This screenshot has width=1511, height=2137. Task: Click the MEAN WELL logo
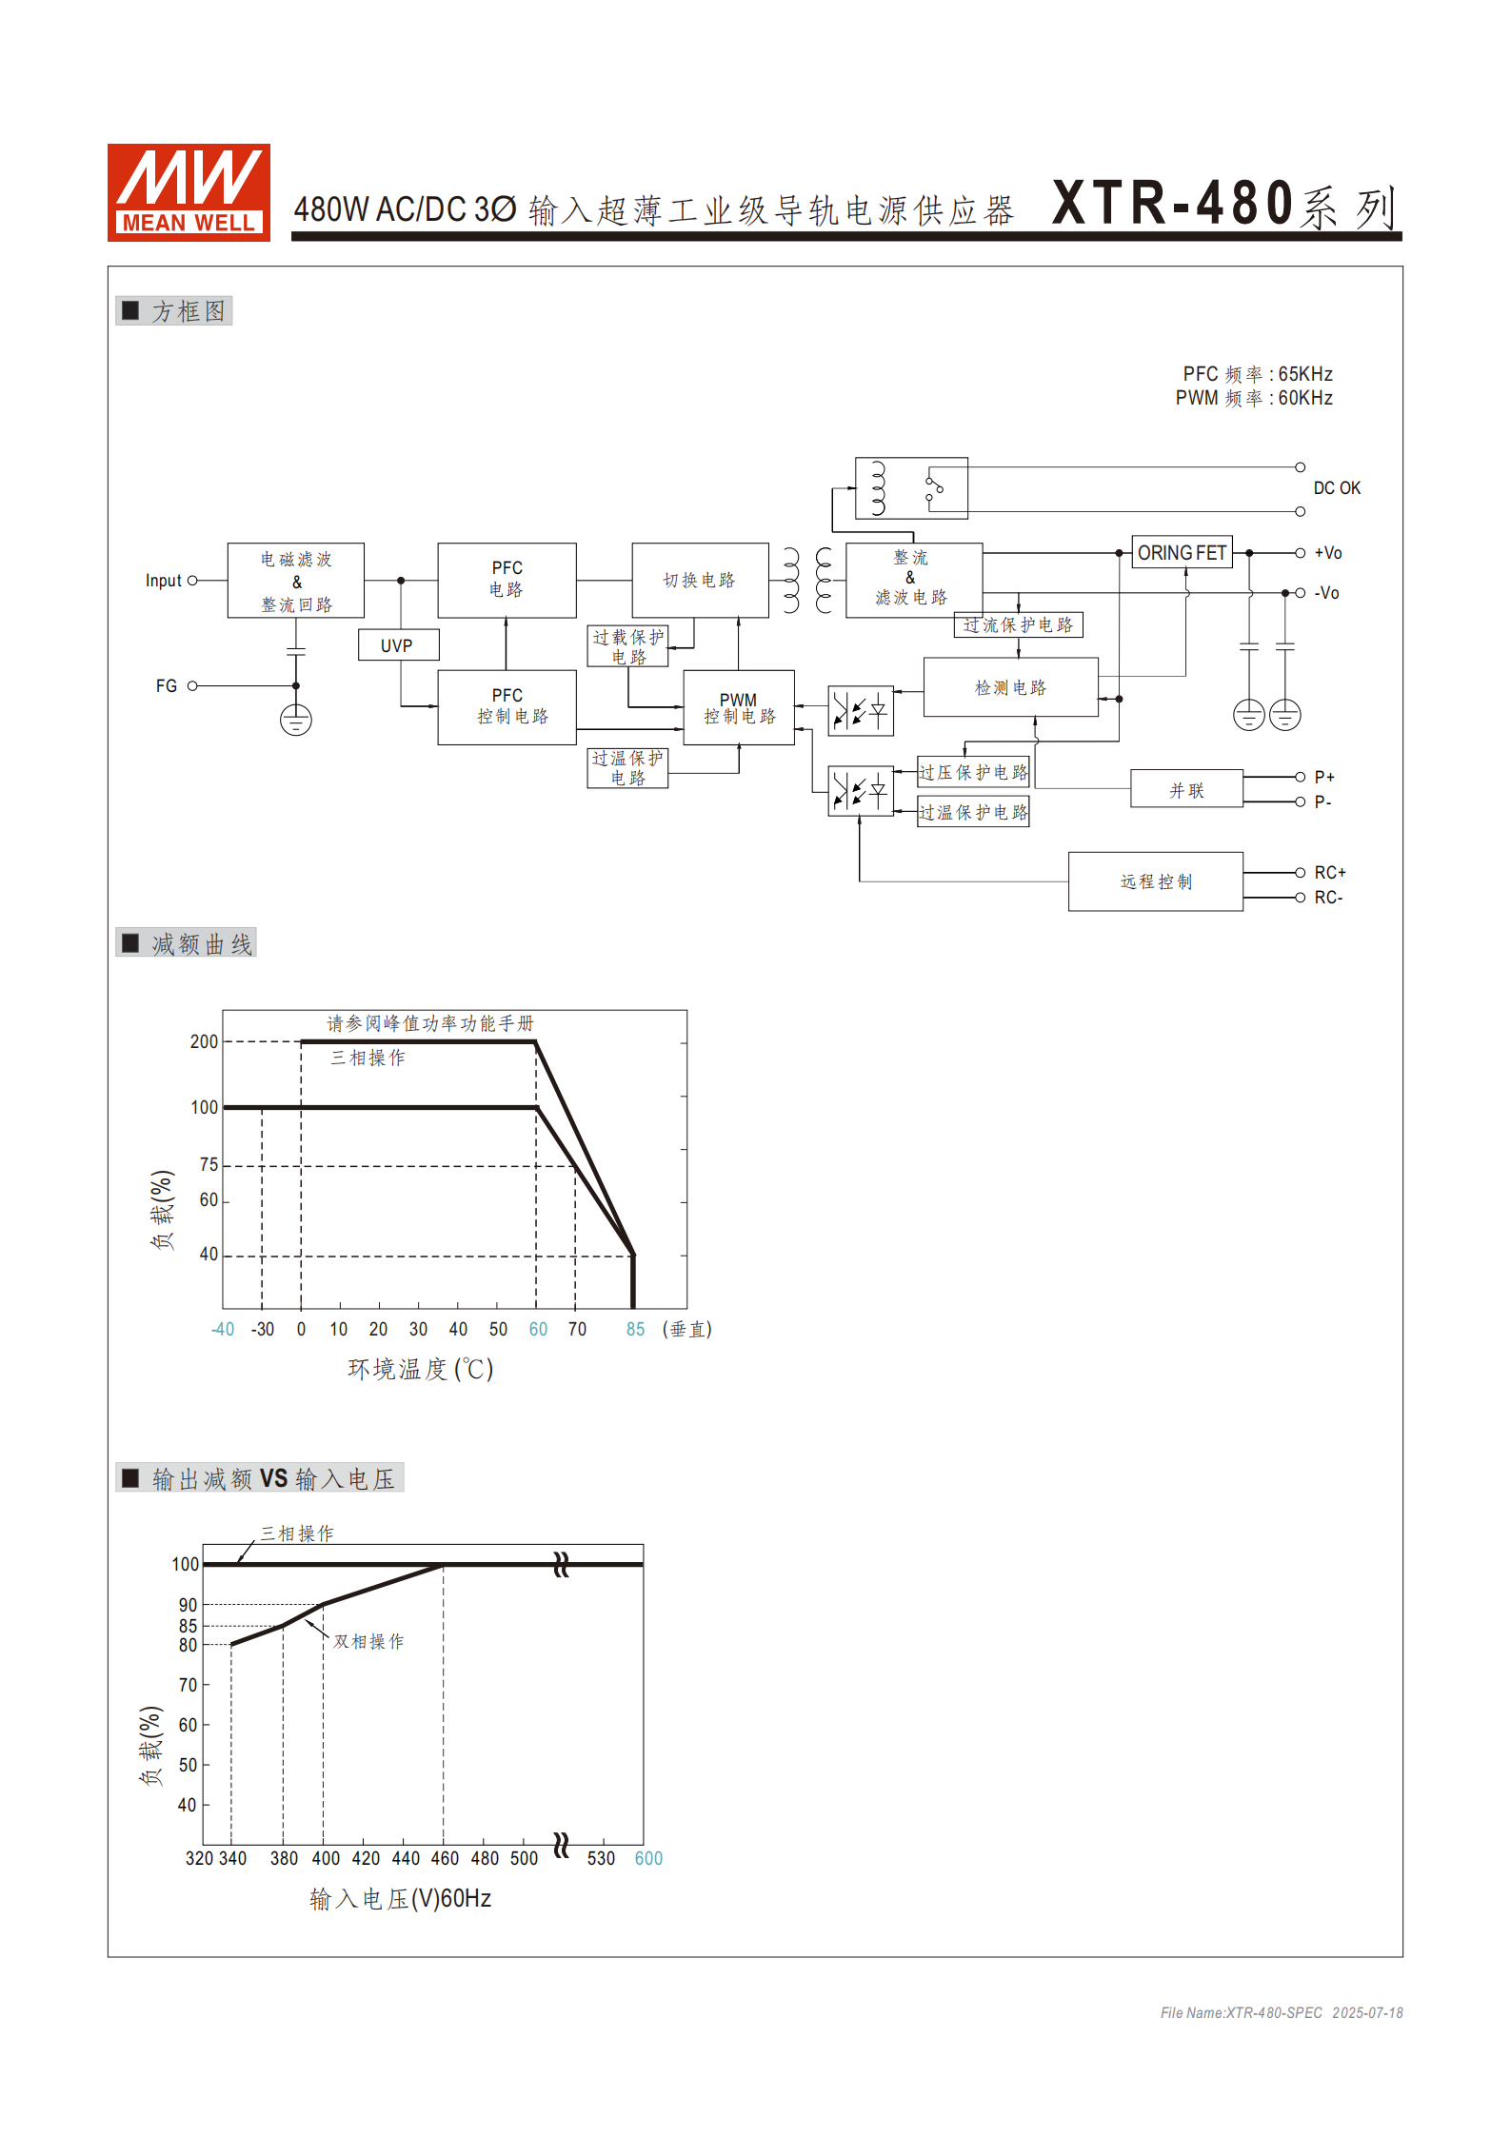coord(189,192)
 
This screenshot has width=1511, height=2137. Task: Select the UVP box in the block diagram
coord(398,645)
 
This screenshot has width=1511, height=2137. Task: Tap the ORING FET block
coord(1182,553)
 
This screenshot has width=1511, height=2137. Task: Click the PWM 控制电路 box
coord(739,708)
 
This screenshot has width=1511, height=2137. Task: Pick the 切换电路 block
coord(700,581)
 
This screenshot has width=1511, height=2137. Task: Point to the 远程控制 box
coord(1155,882)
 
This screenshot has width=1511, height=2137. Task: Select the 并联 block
coord(1186,790)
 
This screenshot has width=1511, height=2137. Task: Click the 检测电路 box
coord(1010,687)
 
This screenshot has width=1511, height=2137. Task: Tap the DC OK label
coord(1337,488)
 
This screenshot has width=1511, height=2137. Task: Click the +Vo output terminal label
coord(1328,553)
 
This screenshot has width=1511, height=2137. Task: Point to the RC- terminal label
coord(1328,898)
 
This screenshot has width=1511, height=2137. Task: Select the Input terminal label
coord(163,581)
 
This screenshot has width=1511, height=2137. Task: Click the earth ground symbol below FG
coord(296,720)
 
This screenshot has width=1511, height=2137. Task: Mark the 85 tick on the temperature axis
coord(635,1330)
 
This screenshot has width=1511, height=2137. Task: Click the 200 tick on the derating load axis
coord(204,1042)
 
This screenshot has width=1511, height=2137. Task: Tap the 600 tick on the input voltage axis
coord(648,1859)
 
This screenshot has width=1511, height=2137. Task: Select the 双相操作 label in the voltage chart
coord(368,1642)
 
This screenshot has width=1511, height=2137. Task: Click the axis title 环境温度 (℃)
coord(420,1370)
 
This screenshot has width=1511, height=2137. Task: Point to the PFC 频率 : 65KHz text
coord(1257,374)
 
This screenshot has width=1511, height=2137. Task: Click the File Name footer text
coord(1281,2013)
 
